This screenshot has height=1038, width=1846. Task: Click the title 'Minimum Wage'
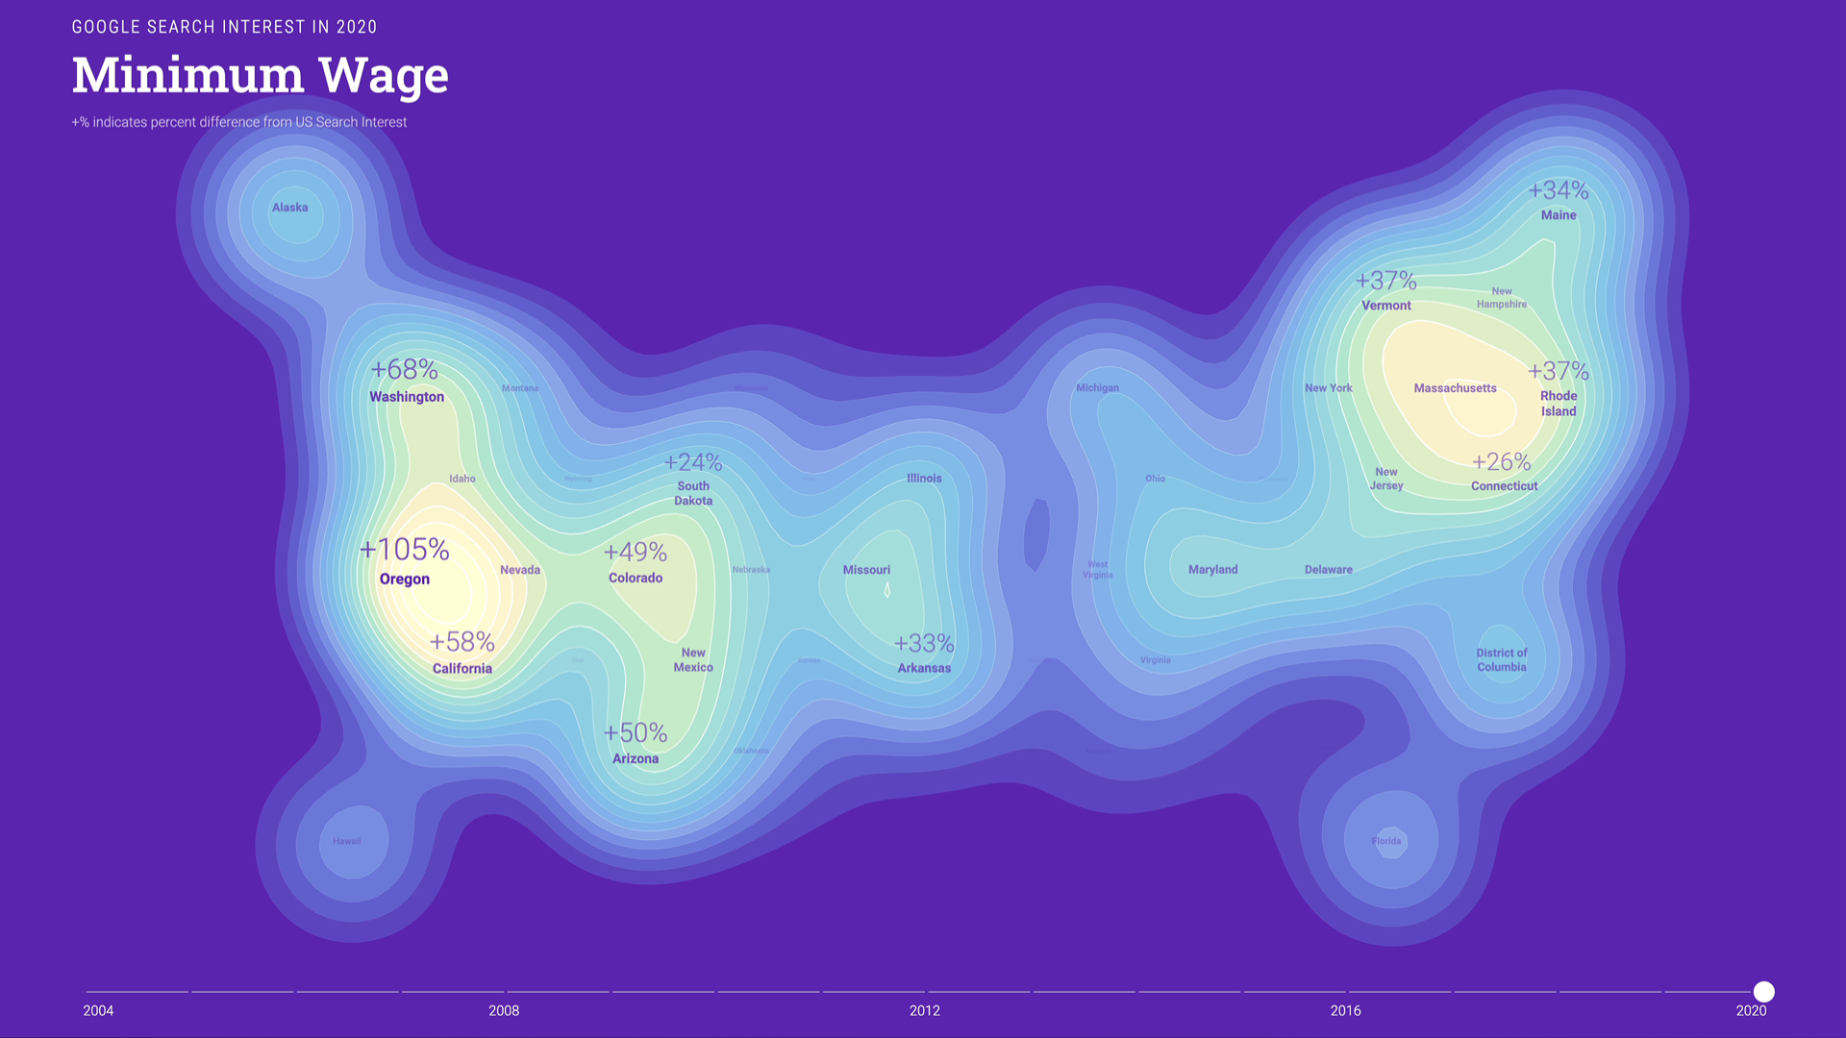pos(260,75)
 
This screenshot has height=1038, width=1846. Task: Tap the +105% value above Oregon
pos(405,550)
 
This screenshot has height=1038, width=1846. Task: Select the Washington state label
pos(407,397)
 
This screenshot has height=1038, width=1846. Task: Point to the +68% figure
pos(405,370)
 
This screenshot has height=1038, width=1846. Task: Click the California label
pos(461,669)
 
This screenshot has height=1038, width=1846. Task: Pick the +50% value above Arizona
pos(636,733)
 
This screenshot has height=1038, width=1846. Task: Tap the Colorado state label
pos(636,578)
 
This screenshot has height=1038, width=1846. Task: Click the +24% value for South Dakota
pos(693,463)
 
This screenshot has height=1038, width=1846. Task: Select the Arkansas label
pos(924,668)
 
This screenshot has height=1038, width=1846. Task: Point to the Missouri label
pos(866,570)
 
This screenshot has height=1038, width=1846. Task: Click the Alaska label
pos(289,208)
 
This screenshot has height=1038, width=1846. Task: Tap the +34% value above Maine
pos(1559,191)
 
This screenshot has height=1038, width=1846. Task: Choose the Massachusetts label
pos(1455,388)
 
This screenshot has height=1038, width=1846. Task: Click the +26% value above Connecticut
pos(1502,462)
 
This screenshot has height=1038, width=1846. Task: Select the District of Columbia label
pos(1502,660)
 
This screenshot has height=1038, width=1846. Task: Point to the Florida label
pos(1386,841)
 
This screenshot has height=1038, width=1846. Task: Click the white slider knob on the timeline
pos(1764,992)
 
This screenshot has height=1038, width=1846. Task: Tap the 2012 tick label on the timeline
pos(925,1011)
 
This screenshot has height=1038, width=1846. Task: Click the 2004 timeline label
pos(98,1011)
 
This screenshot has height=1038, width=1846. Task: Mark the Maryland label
pos(1212,570)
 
